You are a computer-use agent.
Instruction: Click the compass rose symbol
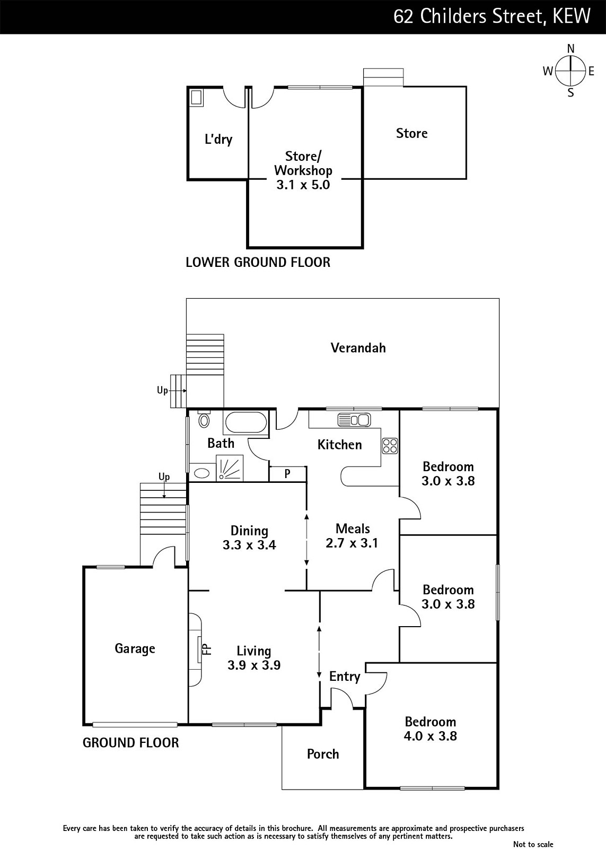pyautogui.click(x=570, y=71)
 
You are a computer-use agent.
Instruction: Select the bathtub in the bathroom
pyautogui.click(x=246, y=422)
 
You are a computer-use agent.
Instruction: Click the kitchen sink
pyautogui.click(x=354, y=420)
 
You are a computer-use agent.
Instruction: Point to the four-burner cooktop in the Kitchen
pyautogui.click(x=390, y=446)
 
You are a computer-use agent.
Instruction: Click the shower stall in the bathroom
pyautogui.click(x=229, y=468)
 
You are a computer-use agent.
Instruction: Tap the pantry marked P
pyautogui.click(x=287, y=474)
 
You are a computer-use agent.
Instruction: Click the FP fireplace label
pyautogui.click(x=207, y=649)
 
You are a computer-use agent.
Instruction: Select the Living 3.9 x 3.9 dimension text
pyautogui.click(x=254, y=665)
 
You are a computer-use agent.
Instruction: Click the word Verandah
pyautogui.click(x=358, y=348)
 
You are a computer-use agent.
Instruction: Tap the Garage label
pyautogui.click(x=135, y=648)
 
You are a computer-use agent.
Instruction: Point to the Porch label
pyautogui.click(x=323, y=754)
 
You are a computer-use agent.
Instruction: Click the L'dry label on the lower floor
pyautogui.click(x=218, y=140)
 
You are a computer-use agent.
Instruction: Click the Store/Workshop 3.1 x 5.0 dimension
pyautogui.click(x=303, y=185)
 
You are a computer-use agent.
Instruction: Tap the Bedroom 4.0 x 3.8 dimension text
pyautogui.click(x=431, y=736)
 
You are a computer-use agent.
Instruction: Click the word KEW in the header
pyautogui.click(x=572, y=16)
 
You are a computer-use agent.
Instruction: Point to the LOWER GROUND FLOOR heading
pyautogui.click(x=258, y=262)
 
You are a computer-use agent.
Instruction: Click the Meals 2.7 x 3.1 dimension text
pyautogui.click(x=352, y=543)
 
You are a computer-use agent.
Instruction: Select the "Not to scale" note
pyautogui.click(x=533, y=844)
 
